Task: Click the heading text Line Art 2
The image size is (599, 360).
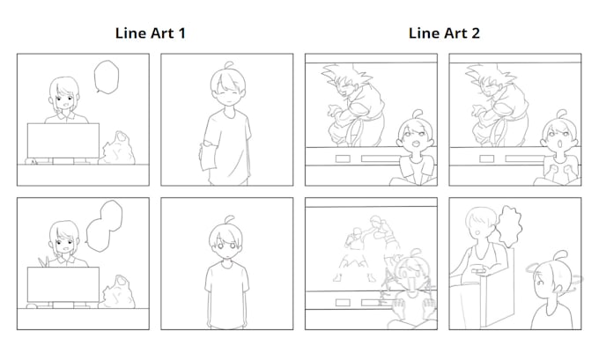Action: click(x=443, y=33)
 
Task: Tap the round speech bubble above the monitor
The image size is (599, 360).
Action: click(x=107, y=77)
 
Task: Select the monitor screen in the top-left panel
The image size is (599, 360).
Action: click(x=63, y=139)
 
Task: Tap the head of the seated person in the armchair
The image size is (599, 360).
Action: click(x=478, y=219)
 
